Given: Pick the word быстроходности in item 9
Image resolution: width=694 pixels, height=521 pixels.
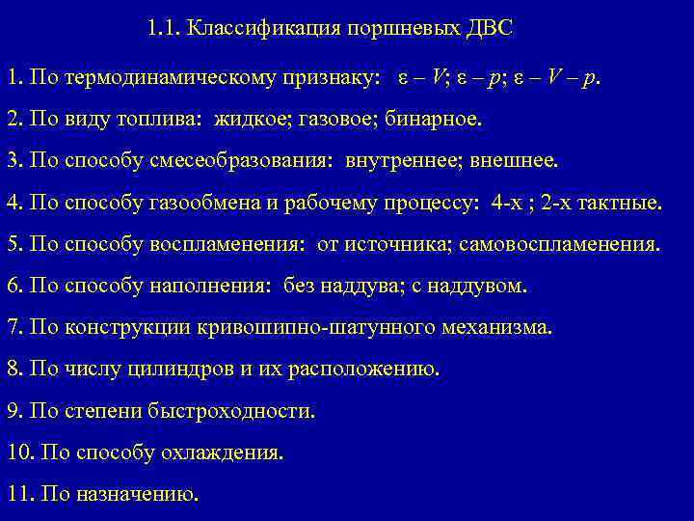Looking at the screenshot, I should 232,410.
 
